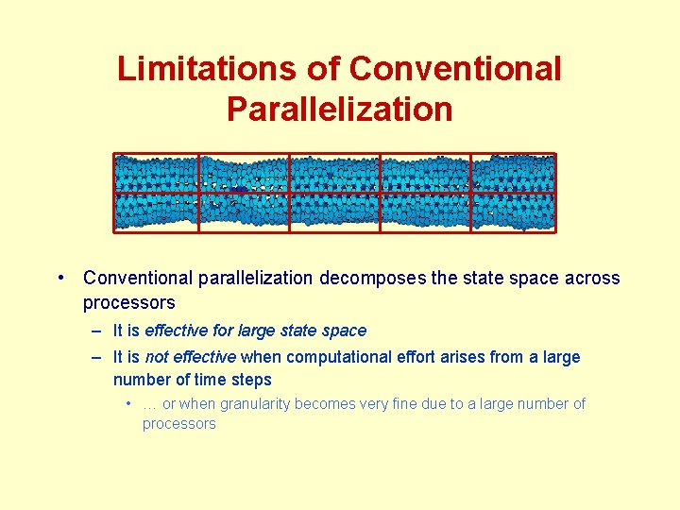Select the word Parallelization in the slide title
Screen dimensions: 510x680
pyautogui.click(x=339, y=110)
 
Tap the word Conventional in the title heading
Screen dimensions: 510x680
pyautogui.click(x=455, y=69)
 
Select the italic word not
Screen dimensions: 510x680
pyautogui.click(x=157, y=357)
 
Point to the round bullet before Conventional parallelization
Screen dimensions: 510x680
pyautogui.click(x=59, y=278)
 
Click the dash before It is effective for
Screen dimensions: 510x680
pyautogui.click(x=96, y=331)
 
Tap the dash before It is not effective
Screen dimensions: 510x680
pyautogui.click(x=96, y=358)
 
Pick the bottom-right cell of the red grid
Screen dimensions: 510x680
pyautogui.click(x=514, y=212)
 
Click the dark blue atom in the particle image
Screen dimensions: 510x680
pyautogui.click(x=240, y=191)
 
